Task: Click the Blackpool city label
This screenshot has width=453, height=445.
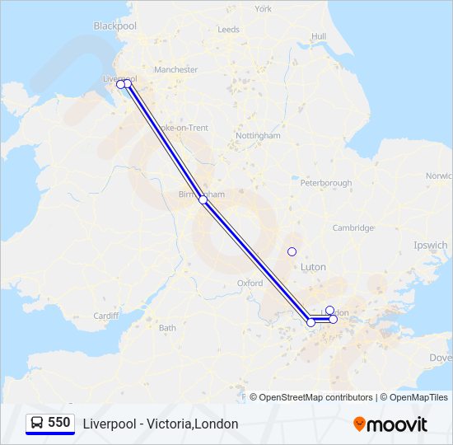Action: click(114, 26)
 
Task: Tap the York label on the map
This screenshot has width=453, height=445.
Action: click(263, 9)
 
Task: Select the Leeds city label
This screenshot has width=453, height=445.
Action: click(228, 30)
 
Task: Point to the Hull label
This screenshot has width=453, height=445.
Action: click(319, 36)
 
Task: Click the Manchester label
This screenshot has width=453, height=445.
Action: click(175, 70)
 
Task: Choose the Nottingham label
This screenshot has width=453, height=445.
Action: click(258, 135)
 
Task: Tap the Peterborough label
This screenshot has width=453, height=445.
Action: click(326, 183)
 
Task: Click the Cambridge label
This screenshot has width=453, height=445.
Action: click(353, 228)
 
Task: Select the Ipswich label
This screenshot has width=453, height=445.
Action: click(431, 246)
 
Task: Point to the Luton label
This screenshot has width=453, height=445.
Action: click(313, 267)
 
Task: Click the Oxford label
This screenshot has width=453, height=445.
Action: click(250, 283)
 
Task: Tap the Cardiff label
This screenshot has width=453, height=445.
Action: click(105, 316)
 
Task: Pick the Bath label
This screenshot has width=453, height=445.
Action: click(167, 328)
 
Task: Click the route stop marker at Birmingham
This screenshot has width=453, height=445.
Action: click(203, 199)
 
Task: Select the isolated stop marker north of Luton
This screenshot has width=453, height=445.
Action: click(292, 251)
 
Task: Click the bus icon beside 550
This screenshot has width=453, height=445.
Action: click(37, 423)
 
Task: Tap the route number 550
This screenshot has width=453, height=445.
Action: click(59, 423)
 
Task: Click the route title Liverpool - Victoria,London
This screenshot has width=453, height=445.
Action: click(161, 424)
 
